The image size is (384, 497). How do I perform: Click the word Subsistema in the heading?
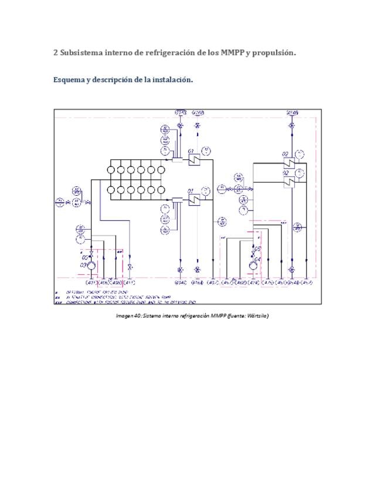(x=81, y=53)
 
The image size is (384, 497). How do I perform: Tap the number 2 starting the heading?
(x=55, y=53)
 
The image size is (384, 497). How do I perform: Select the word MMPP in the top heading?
(x=232, y=53)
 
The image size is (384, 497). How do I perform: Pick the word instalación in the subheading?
(x=172, y=80)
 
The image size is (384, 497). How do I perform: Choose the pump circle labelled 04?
(x=253, y=266)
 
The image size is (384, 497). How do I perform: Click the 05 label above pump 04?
(x=257, y=249)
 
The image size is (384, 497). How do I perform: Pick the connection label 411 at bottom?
(x=130, y=284)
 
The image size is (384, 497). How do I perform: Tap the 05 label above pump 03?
(x=85, y=257)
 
